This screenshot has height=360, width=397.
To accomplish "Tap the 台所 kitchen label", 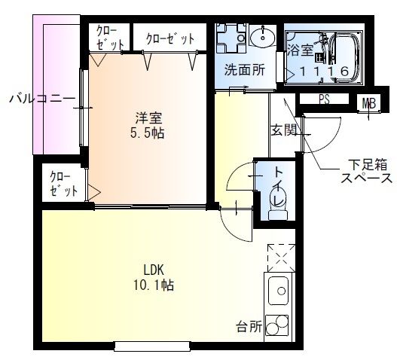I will (249, 327).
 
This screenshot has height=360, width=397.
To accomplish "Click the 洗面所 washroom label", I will (243, 71).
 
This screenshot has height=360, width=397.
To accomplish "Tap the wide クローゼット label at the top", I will (170, 37).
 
